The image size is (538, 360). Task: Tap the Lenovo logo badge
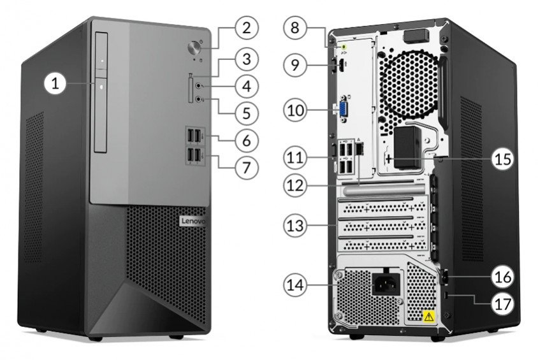[193, 221]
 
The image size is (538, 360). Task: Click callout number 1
[55, 83]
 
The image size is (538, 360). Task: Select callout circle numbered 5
[246, 113]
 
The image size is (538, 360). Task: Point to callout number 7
[246, 168]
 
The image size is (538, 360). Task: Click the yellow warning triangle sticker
[428, 317]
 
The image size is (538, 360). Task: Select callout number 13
[295, 226]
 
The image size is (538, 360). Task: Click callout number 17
[503, 304]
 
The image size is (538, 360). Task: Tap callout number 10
[295, 110]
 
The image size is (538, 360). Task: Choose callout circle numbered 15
[503, 159]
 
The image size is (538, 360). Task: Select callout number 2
[246, 27]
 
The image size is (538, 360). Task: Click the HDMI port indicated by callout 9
[342, 65]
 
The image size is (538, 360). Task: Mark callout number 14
[295, 285]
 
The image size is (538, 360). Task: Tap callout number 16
[503, 277]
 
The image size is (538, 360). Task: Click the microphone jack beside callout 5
[199, 99]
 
